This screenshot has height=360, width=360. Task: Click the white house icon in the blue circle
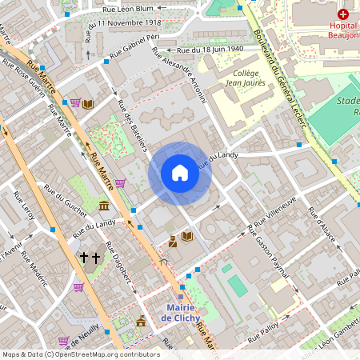point(180,173)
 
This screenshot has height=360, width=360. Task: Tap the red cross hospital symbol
point(343,14)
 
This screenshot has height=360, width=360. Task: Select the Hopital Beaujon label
point(343,30)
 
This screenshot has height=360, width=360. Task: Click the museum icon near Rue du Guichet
point(105,207)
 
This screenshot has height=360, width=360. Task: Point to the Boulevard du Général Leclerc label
point(270,56)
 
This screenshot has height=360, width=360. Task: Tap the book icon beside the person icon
point(186,237)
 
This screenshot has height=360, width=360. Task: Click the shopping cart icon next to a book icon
point(75,103)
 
